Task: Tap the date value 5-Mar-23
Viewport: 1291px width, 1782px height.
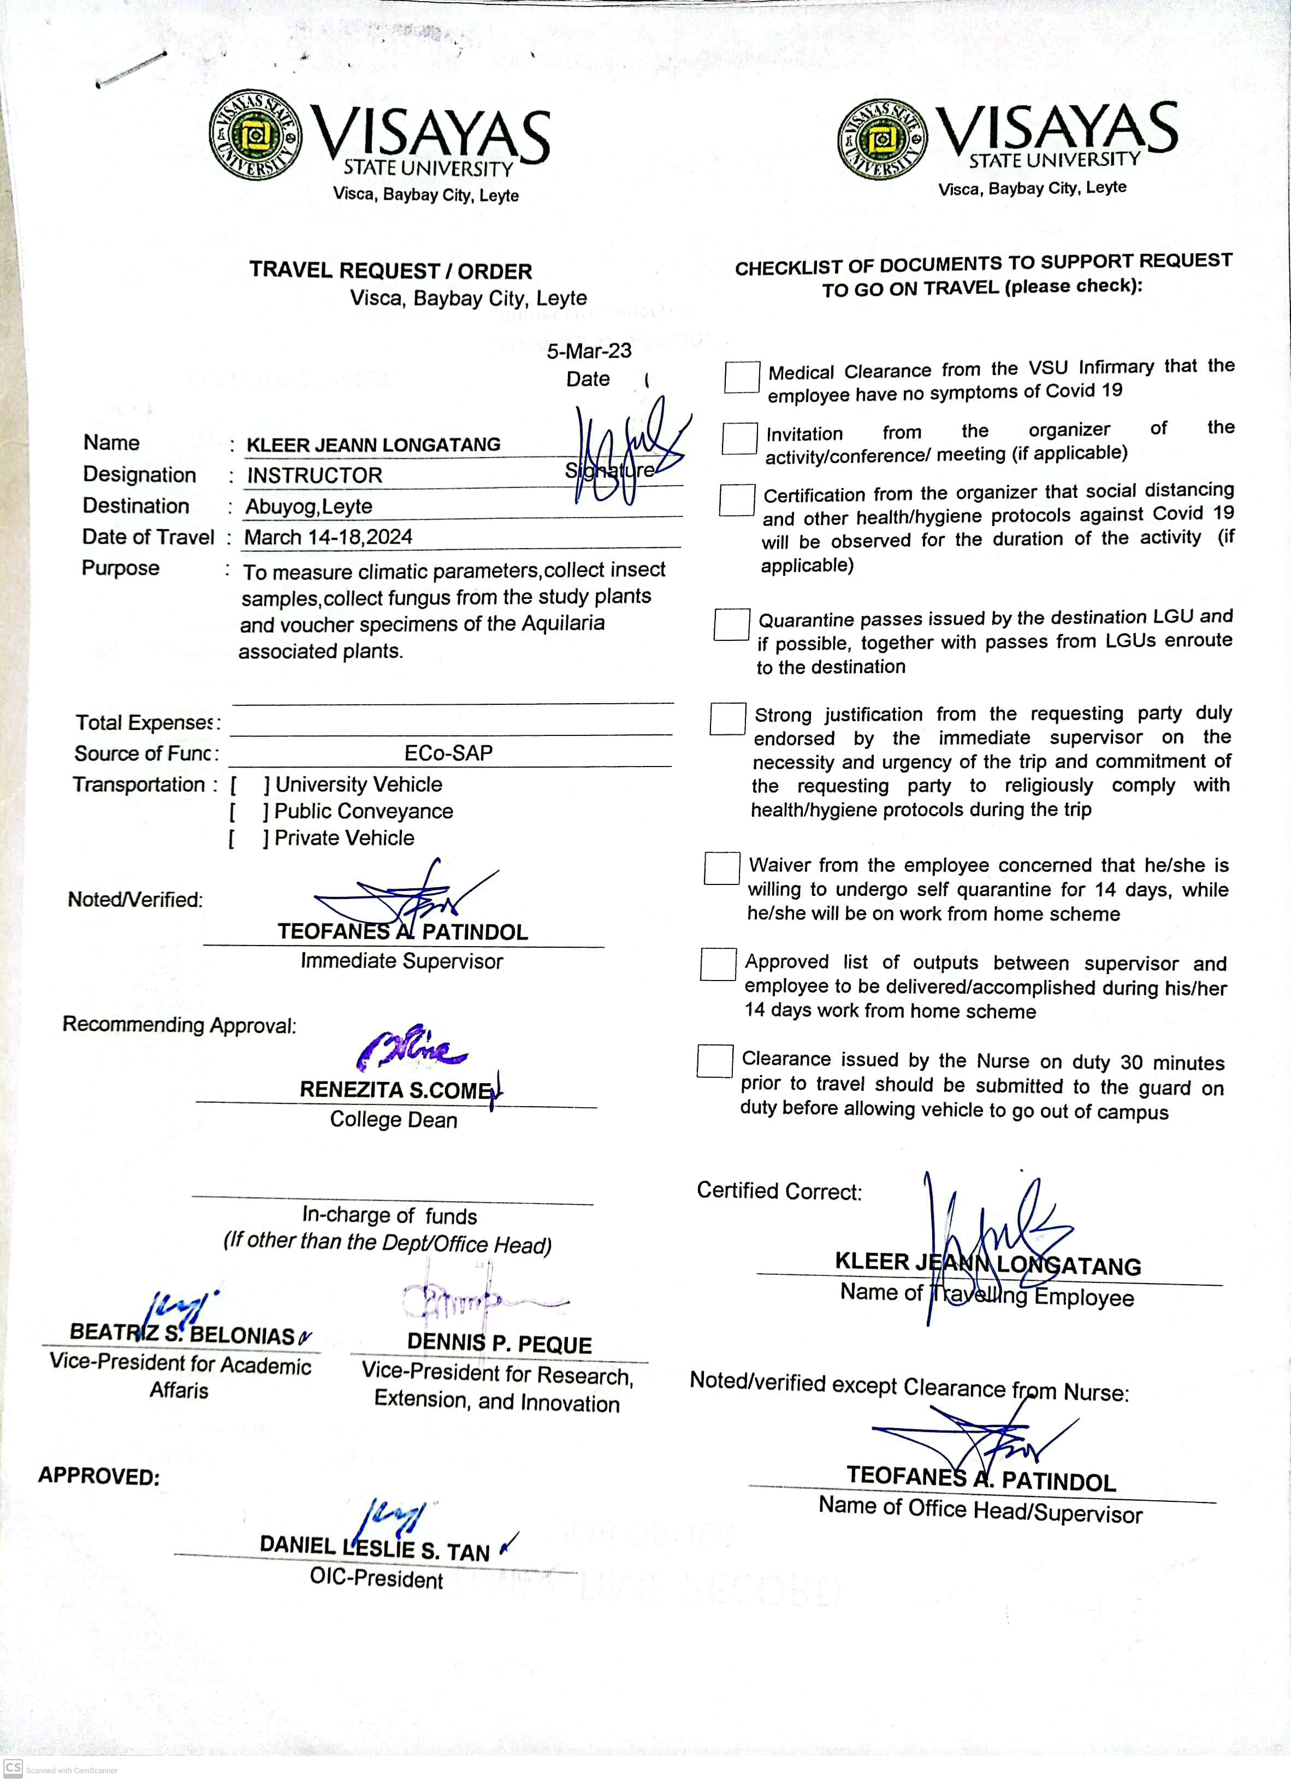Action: pyautogui.click(x=589, y=351)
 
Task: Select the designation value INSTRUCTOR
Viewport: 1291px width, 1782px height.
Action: pyautogui.click(x=315, y=476)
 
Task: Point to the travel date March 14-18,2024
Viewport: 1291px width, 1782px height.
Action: pyautogui.click(x=328, y=537)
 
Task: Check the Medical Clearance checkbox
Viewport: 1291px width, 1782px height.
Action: pyautogui.click(x=741, y=377)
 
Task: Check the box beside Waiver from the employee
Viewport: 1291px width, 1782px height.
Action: pyautogui.click(x=721, y=868)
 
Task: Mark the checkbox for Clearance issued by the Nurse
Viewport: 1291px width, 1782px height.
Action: pyautogui.click(x=714, y=1061)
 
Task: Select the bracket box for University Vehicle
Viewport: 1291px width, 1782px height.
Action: pyautogui.click(x=249, y=785)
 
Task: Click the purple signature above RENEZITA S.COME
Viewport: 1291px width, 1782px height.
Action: pyautogui.click(x=412, y=1049)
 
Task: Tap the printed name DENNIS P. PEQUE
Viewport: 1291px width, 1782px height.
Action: pyautogui.click(x=499, y=1344)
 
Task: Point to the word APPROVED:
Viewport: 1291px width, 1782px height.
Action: pyautogui.click(x=99, y=1476)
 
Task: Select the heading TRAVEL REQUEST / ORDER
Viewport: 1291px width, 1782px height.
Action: pyautogui.click(x=390, y=271)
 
